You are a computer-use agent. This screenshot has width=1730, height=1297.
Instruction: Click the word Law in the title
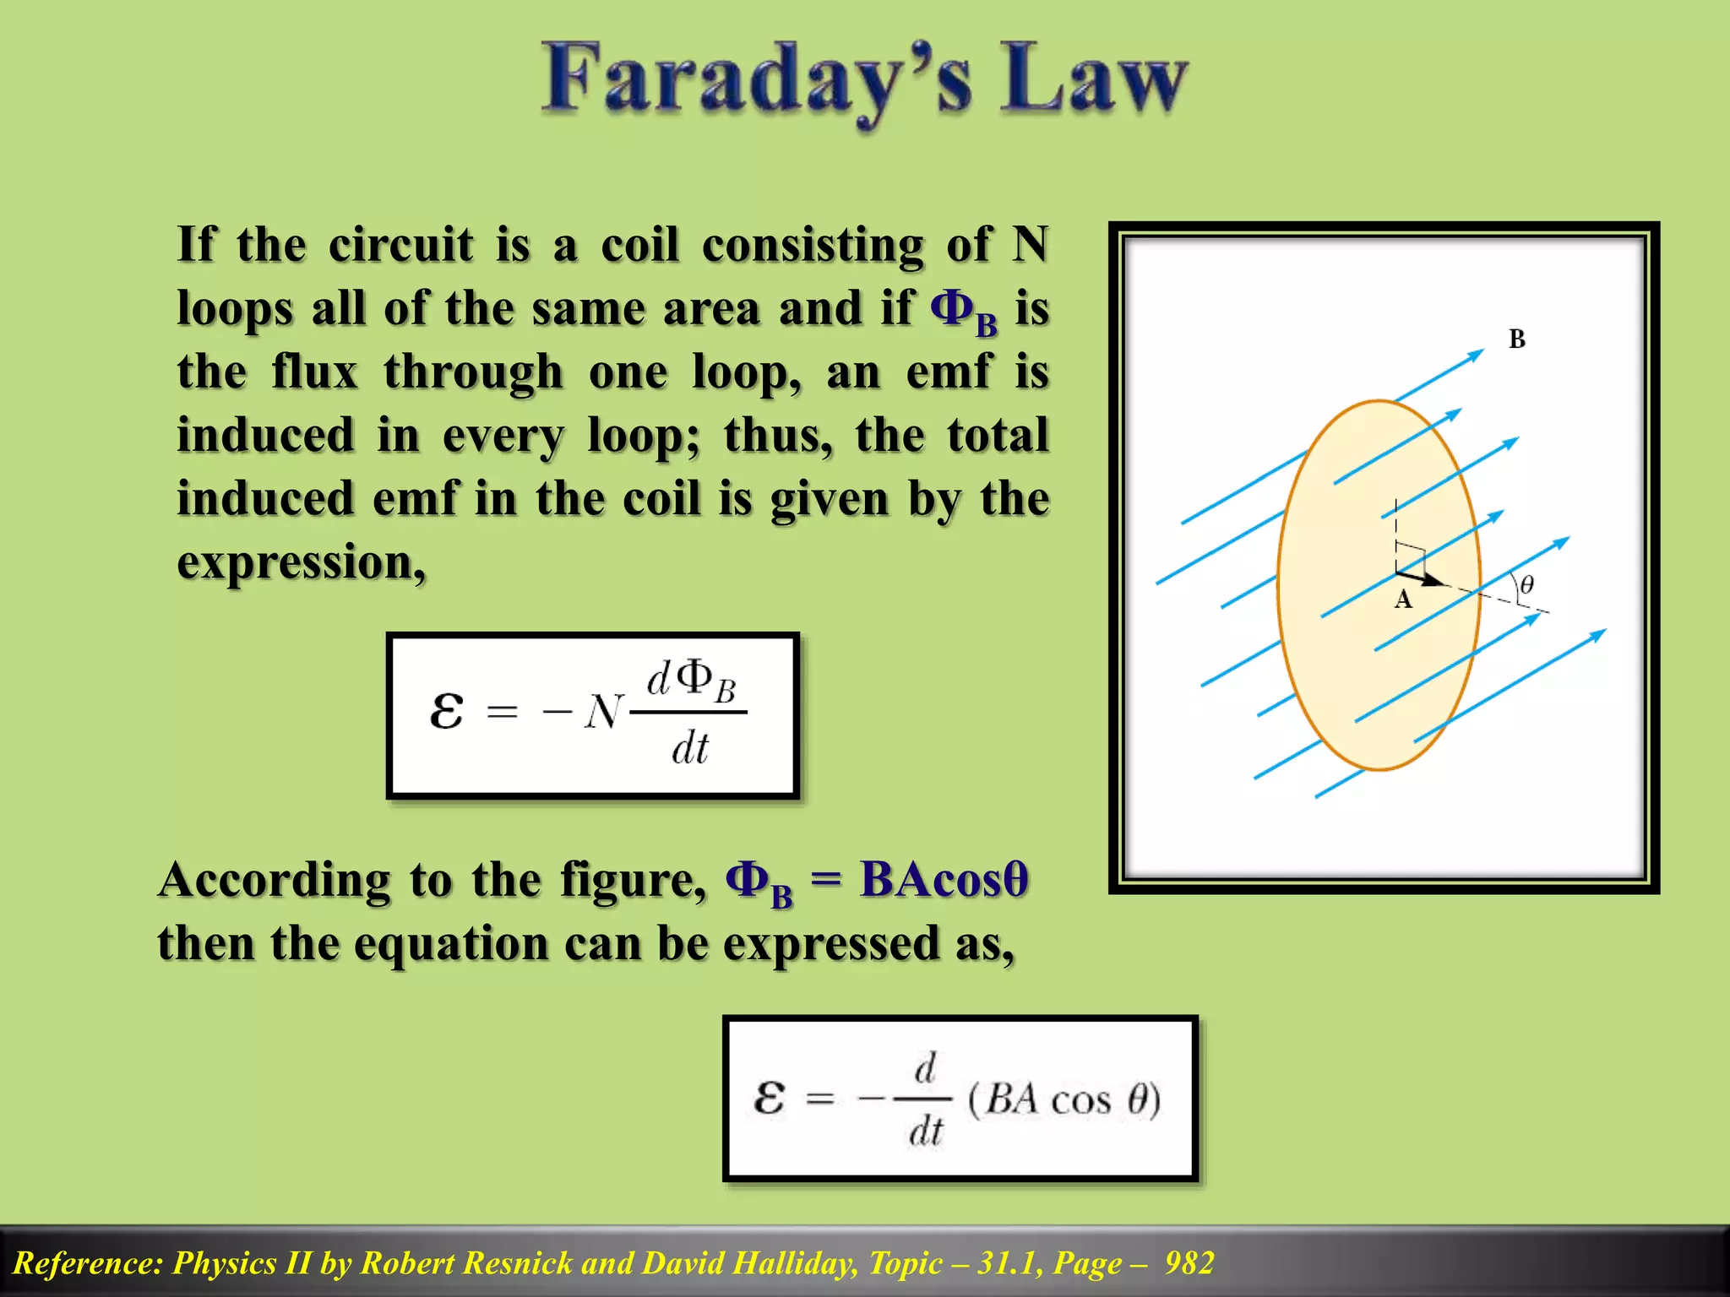1095,80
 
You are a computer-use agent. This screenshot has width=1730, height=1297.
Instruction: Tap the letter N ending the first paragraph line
1030,246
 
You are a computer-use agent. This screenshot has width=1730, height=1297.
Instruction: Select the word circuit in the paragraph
401,246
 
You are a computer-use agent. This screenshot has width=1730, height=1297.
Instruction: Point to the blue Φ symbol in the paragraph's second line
951,308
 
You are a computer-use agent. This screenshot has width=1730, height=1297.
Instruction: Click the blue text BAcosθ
944,880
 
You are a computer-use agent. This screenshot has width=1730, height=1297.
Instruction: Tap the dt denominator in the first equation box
690,748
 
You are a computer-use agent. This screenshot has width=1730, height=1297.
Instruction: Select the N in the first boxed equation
603,713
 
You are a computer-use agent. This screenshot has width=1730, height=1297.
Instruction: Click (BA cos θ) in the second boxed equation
1064,1100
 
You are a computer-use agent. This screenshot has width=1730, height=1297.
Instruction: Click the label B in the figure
1517,339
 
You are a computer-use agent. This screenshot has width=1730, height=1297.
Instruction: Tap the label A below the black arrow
1403,600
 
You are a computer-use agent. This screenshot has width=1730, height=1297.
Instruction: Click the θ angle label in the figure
1526,584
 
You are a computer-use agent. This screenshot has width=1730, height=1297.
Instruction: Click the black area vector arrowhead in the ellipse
1434,580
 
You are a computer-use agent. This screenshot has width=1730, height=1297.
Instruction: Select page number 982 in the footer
1189,1263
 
